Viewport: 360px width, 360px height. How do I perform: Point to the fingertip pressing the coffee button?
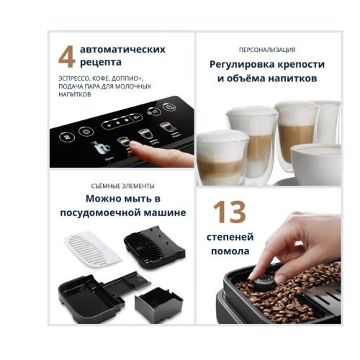click(x=137, y=147)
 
